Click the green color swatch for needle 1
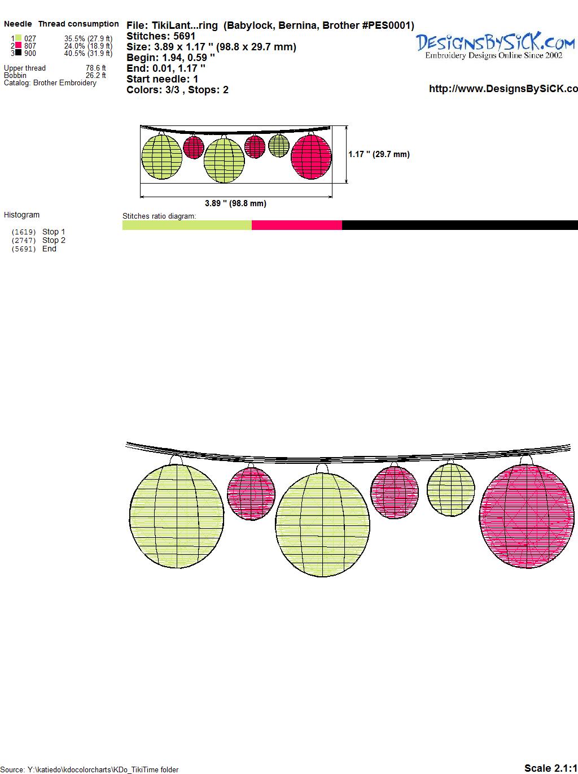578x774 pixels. click(18, 38)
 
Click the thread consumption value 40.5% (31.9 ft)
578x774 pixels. click(88, 53)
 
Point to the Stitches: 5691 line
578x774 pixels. click(161, 36)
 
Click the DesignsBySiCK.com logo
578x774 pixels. click(494, 46)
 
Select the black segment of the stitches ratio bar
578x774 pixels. click(459, 225)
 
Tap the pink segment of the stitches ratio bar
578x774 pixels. click(296, 225)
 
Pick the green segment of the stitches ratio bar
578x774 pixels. click(187, 225)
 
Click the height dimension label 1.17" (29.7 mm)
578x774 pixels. click(379, 154)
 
